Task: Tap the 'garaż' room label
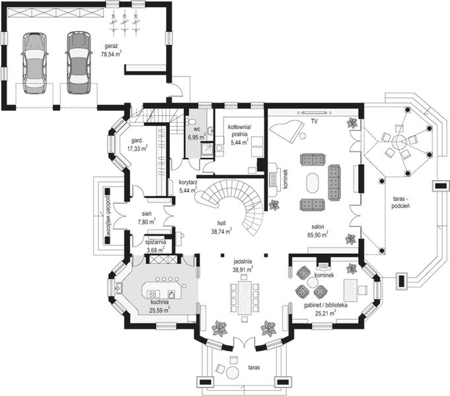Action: coord(110,46)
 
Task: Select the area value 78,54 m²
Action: coord(110,55)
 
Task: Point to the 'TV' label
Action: coord(315,121)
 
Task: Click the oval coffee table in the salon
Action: coord(315,181)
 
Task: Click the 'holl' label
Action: coord(220,224)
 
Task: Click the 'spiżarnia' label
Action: coord(156,243)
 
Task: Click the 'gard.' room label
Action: coord(137,141)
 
